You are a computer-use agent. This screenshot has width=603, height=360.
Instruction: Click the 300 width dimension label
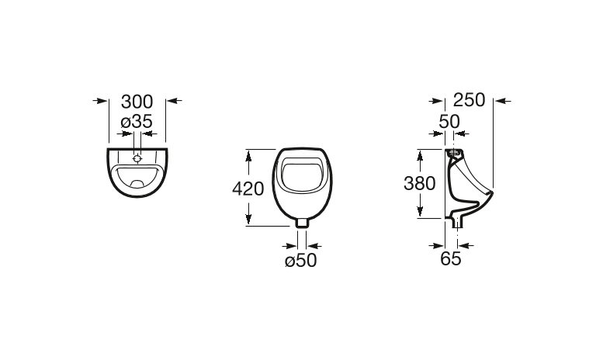point(137,102)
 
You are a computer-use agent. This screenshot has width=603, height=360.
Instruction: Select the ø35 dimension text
point(136,121)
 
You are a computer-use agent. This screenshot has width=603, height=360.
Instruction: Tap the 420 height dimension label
point(248,187)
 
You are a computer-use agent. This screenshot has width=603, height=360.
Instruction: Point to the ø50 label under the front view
point(301,261)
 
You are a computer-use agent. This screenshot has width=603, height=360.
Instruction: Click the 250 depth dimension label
point(469,100)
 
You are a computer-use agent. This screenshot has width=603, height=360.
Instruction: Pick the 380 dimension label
point(420,183)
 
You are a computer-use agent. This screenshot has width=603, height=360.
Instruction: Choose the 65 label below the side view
point(451,259)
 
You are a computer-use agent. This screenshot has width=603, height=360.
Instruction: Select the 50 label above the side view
point(449,121)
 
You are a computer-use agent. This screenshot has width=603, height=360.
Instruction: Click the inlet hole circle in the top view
point(137,157)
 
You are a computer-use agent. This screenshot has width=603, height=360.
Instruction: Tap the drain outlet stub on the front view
point(303,223)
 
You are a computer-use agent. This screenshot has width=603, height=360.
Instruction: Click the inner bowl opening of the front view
point(303,175)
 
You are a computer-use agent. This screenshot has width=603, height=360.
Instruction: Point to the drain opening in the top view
point(137,184)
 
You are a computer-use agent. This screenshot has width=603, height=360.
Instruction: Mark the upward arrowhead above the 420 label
point(248,155)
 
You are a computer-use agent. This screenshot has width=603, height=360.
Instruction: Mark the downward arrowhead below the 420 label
point(248,220)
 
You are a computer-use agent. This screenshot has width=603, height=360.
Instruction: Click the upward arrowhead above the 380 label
point(420,155)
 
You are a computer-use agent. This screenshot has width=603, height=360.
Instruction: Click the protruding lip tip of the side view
point(490,191)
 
